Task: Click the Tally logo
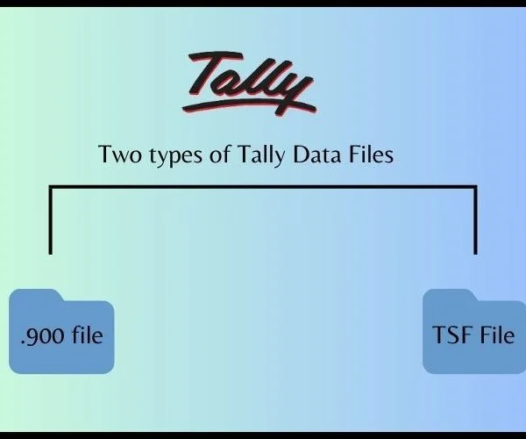(249, 84)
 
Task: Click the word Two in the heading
(120, 155)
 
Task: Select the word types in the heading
(176, 156)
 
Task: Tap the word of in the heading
(220, 154)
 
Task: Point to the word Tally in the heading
(261, 155)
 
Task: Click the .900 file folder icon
(61, 331)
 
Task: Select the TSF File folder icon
(474, 331)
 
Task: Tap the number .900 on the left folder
(43, 336)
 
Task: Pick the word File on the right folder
(497, 335)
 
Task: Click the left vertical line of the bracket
(50, 220)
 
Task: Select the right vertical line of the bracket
(475, 220)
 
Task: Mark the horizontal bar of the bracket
(263, 187)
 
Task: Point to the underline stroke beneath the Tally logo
(249, 107)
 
